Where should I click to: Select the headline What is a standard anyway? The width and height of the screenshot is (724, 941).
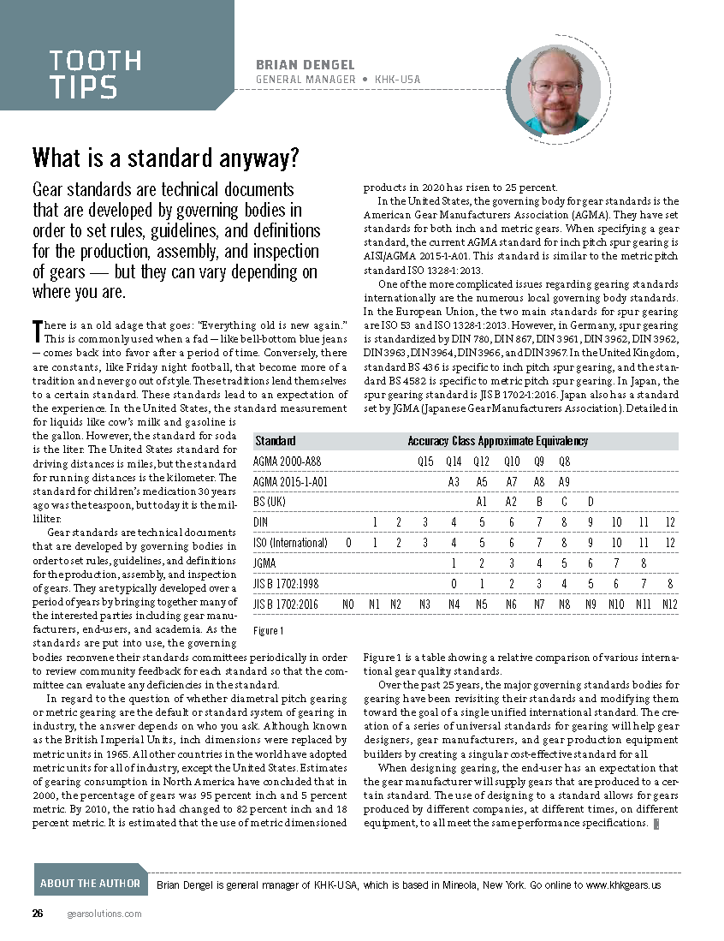click(166, 158)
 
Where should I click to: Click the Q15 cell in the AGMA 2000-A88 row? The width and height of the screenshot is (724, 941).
click(425, 462)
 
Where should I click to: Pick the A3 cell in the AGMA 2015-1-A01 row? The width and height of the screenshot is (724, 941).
click(454, 482)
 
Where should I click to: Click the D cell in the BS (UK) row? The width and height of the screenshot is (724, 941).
click(590, 502)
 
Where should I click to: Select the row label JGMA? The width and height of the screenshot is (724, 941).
click(267, 563)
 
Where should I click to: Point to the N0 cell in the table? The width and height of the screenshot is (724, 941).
click(348, 605)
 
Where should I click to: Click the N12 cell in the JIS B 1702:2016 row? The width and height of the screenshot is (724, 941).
click(669, 605)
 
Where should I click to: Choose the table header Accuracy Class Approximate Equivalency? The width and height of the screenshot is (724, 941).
click(497, 441)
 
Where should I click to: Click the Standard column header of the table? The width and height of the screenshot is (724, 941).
click(276, 441)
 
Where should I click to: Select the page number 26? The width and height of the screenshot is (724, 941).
click(38, 914)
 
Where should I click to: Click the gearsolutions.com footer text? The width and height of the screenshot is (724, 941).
click(104, 914)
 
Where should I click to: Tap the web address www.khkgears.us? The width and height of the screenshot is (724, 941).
click(623, 884)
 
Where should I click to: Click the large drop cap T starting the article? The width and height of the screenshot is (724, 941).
click(37, 331)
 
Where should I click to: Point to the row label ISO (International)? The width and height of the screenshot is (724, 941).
click(291, 543)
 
